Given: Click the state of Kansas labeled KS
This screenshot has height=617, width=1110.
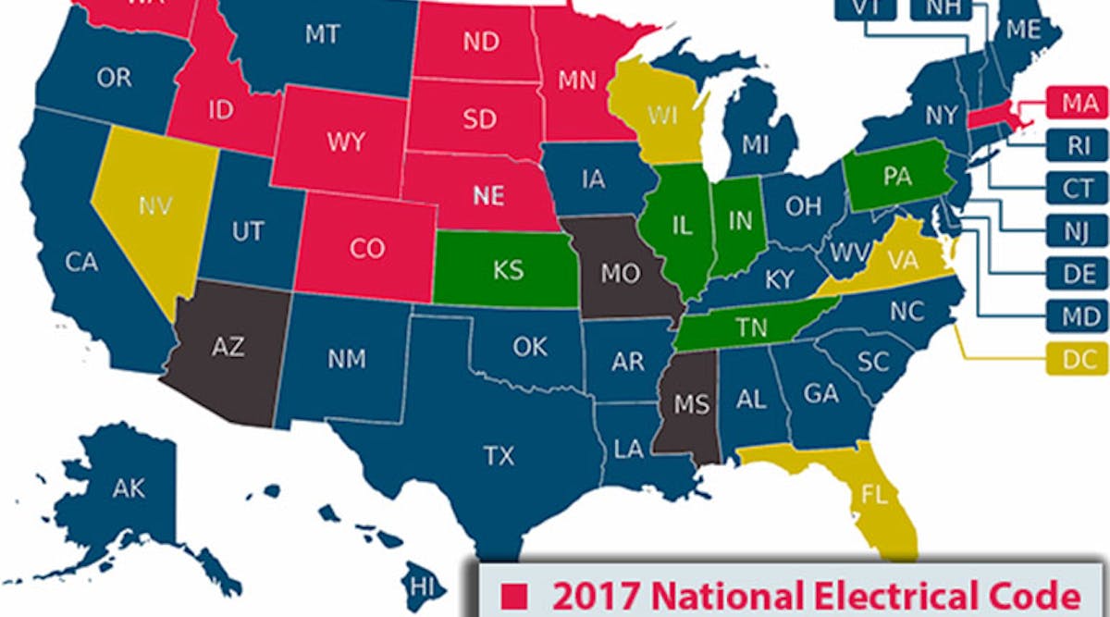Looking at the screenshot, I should pyautogui.click(x=508, y=270).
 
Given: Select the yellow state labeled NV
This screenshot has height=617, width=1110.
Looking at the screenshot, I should pyautogui.click(x=154, y=205).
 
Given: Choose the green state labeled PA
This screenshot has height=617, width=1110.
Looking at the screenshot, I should pyautogui.click(x=896, y=176).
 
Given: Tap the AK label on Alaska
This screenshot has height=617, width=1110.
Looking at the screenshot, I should pyautogui.click(x=129, y=487).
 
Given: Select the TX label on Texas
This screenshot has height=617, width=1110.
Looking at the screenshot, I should pyautogui.click(x=499, y=455).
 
